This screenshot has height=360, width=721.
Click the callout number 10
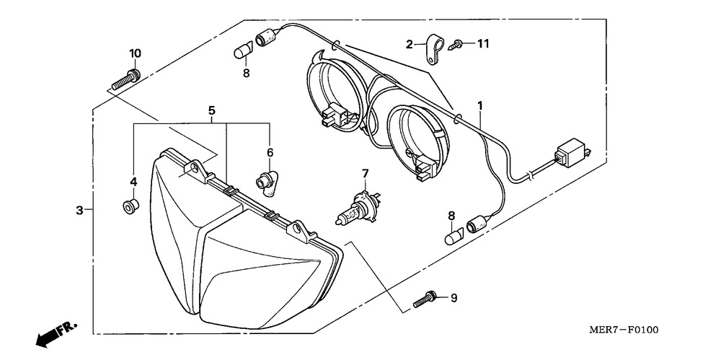(135, 53)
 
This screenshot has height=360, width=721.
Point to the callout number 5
(211, 110)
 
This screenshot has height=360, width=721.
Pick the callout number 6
(270, 152)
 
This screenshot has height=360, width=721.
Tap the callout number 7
(365, 173)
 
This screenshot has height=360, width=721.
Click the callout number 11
(482, 44)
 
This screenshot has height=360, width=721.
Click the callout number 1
(479, 106)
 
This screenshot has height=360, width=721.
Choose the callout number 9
(454, 297)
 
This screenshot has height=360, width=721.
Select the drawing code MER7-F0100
(624, 330)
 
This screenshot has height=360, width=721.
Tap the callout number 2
(409, 44)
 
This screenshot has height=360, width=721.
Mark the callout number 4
(133, 180)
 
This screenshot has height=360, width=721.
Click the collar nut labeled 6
(267, 181)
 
